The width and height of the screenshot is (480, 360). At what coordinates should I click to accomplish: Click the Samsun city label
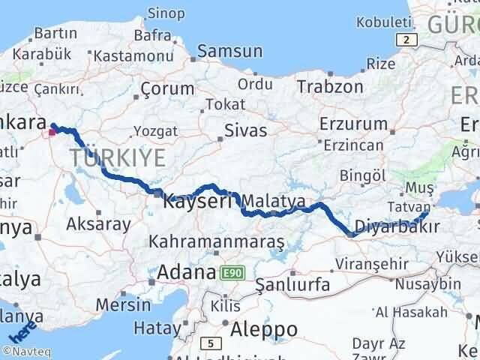[x=230, y=52]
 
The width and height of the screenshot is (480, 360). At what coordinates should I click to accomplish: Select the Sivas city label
[x=245, y=130]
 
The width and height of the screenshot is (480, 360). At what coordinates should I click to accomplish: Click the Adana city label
[x=187, y=271]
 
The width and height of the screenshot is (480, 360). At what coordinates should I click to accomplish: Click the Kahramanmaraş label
[x=217, y=243]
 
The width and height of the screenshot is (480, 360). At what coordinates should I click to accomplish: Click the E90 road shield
[x=230, y=274]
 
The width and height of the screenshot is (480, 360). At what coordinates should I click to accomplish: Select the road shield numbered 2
[x=406, y=40]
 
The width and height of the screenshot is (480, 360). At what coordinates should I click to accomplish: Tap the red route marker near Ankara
[x=51, y=133]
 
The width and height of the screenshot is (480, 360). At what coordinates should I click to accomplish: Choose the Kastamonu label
[x=128, y=55]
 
